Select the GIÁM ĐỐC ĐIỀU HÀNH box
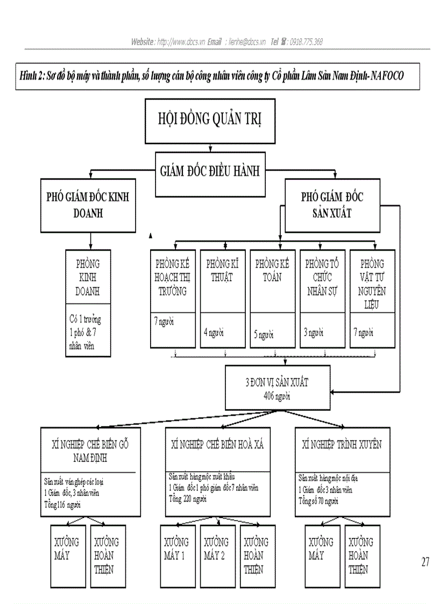pyautogui.click(x=210, y=172)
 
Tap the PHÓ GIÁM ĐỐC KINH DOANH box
pyautogui.click(x=88, y=204)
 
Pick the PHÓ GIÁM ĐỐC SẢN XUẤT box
pyautogui.click(x=332, y=204)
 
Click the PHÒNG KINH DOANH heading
pyautogui.click(x=88, y=278)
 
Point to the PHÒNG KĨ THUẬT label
pyautogui.click(x=219, y=271)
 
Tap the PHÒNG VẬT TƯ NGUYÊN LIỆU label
pyautogui.click(x=372, y=285)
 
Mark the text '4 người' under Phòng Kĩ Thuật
pyautogui.click(x=214, y=332)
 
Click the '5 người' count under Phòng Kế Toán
pyautogui.click(x=264, y=335)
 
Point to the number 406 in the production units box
pyautogui.click(x=270, y=396)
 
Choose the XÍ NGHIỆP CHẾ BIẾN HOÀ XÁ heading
pyautogui.click(x=217, y=444)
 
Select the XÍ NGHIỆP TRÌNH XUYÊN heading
pyautogui.click(x=342, y=444)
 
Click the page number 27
pyautogui.click(x=425, y=562)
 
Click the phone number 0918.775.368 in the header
pyautogui.click(x=306, y=41)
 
